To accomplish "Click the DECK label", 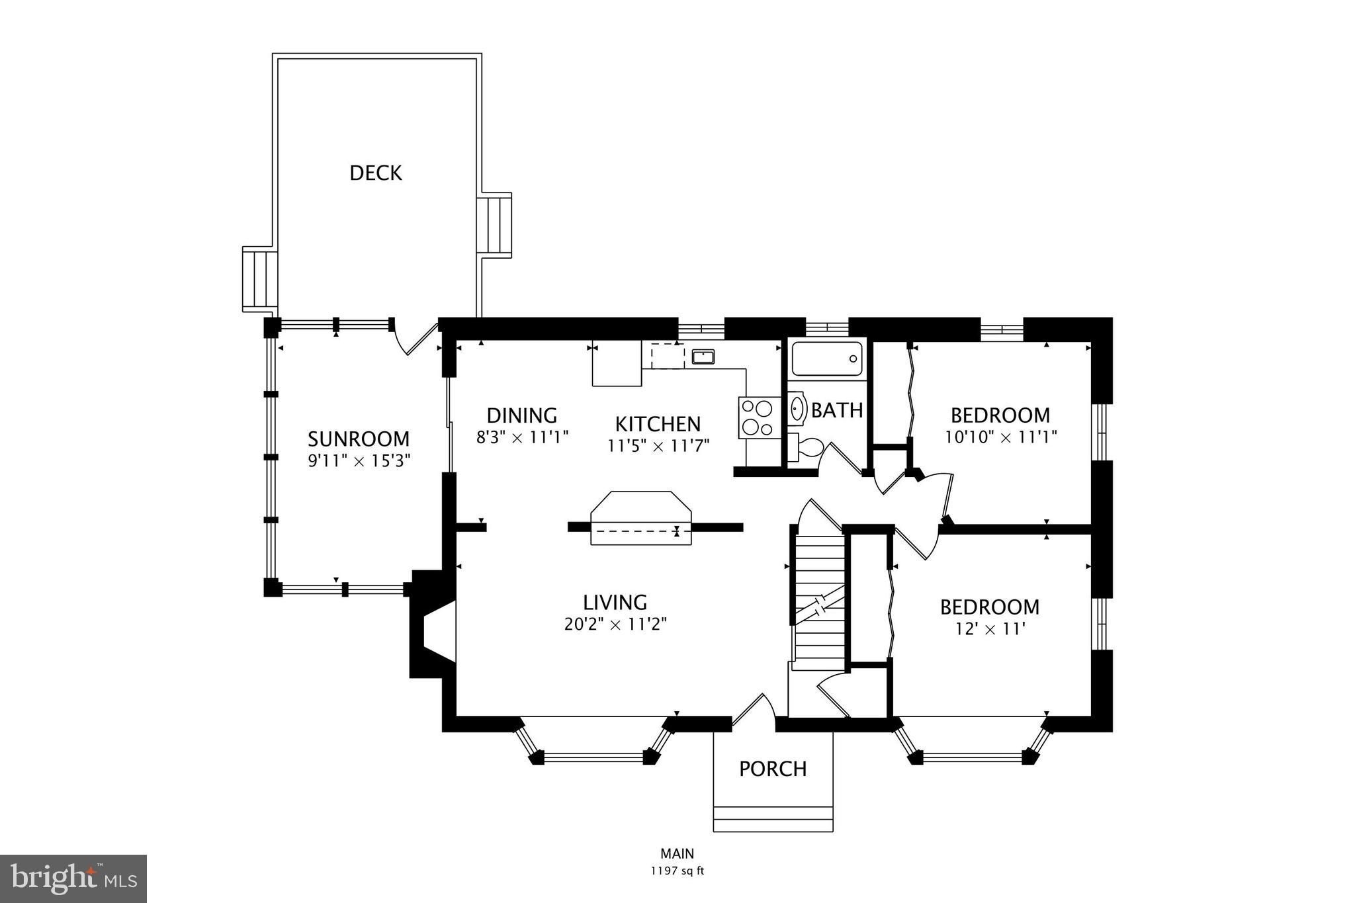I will [x=375, y=173].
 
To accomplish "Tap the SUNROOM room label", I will [x=359, y=439].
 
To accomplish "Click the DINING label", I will [x=522, y=415].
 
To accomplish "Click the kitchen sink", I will [x=703, y=358].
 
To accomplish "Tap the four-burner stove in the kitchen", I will [x=758, y=417].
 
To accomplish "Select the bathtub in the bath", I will [x=827, y=359].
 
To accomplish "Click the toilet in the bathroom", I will [x=805, y=448].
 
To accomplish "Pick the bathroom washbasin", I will [x=797, y=408].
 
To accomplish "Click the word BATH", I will [x=837, y=411].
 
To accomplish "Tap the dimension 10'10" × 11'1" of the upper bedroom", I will [x=1000, y=437].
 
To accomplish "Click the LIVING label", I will [x=615, y=603].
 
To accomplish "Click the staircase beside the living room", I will [x=820, y=602].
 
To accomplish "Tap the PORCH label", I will [x=773, y=769].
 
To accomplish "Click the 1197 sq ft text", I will [x=677, y=871].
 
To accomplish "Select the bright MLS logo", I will [x=73, y=879].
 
